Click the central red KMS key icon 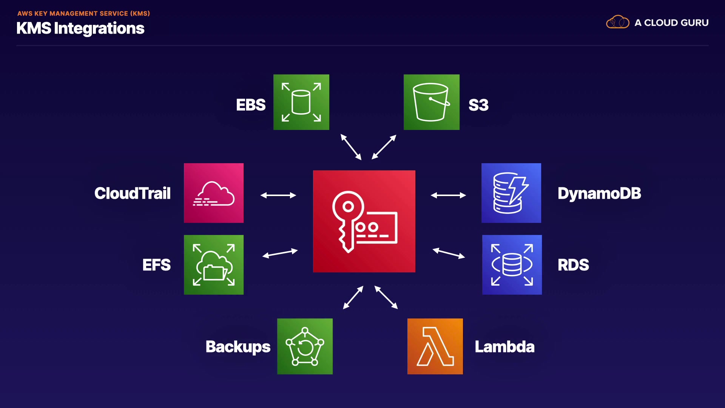[x=364, y=221]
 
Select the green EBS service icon [x=301, y=102]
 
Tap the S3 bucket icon [x=432, y=102]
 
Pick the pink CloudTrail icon [x=214, y=193]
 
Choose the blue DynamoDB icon [x=511, y=193]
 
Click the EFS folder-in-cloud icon [x=214, y=265]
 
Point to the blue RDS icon [x=512, y=265]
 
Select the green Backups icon [x=305, y=346]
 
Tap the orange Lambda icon [x=435, y=346]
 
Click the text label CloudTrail [x=133, y=193]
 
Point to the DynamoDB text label [x=600, y=193]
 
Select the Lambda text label [x=504, y=347]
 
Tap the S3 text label [x=478, y=105]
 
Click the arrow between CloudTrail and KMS [x=278, y=195]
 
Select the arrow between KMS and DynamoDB [x=449, y=195]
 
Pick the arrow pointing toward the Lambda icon [x=386, y=297]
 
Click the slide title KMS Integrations [x=80, y=29]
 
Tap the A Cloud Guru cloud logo [x=618, y=22]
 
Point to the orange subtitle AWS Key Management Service [x=84, y=14]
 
